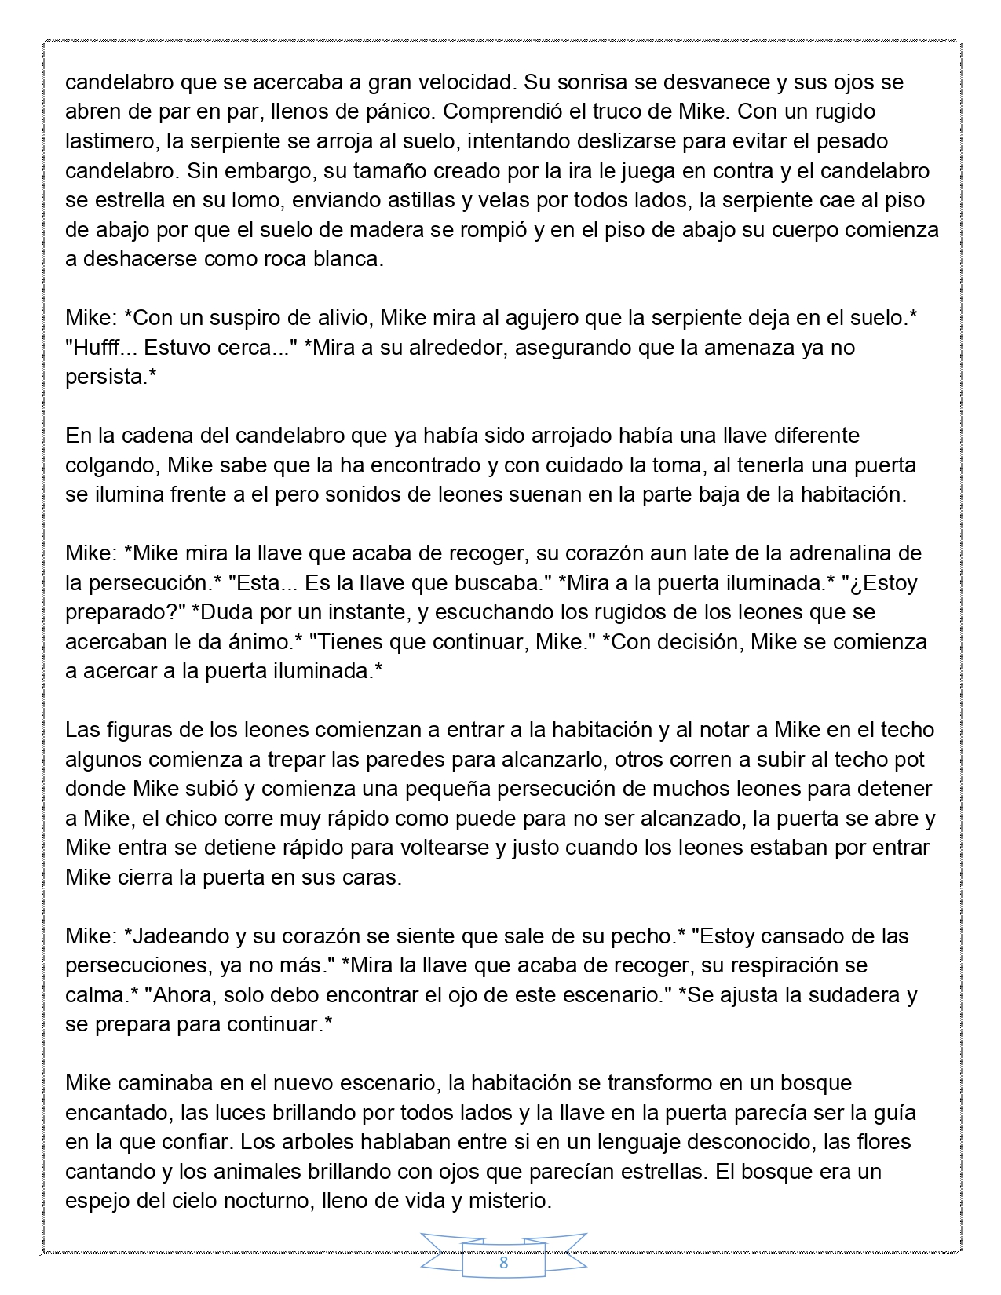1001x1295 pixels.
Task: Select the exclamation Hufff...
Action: pos(100,347)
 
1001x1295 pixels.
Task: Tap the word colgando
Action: pos(112,465)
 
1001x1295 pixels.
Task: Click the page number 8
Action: pos(503,1263)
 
